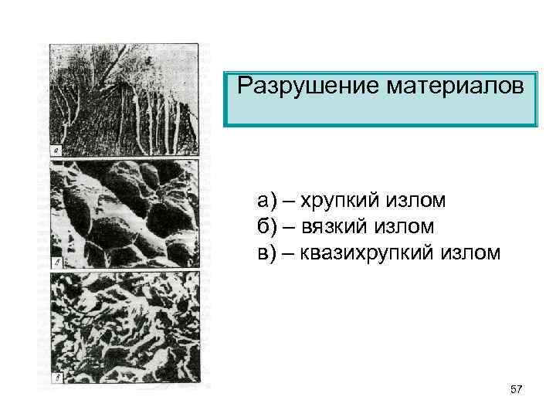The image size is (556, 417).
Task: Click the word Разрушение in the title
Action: [293, 83]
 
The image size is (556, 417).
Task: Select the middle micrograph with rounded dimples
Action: [124, 213]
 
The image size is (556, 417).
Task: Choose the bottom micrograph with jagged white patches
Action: [124, 328]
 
